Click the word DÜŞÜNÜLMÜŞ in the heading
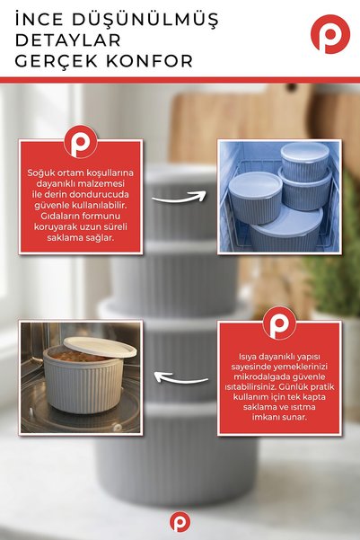[145, 20]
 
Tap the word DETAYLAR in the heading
[68, 40]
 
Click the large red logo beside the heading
[330, 34]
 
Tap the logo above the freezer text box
[81, 142]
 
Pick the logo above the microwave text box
[279, 323]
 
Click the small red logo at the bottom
[180, 522]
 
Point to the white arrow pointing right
[179, 199]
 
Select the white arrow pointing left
[180, 378]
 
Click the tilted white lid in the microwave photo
[101, 347]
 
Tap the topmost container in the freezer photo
[305, 161]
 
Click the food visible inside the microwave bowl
[79, 356]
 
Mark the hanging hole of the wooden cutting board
[292, 87]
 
